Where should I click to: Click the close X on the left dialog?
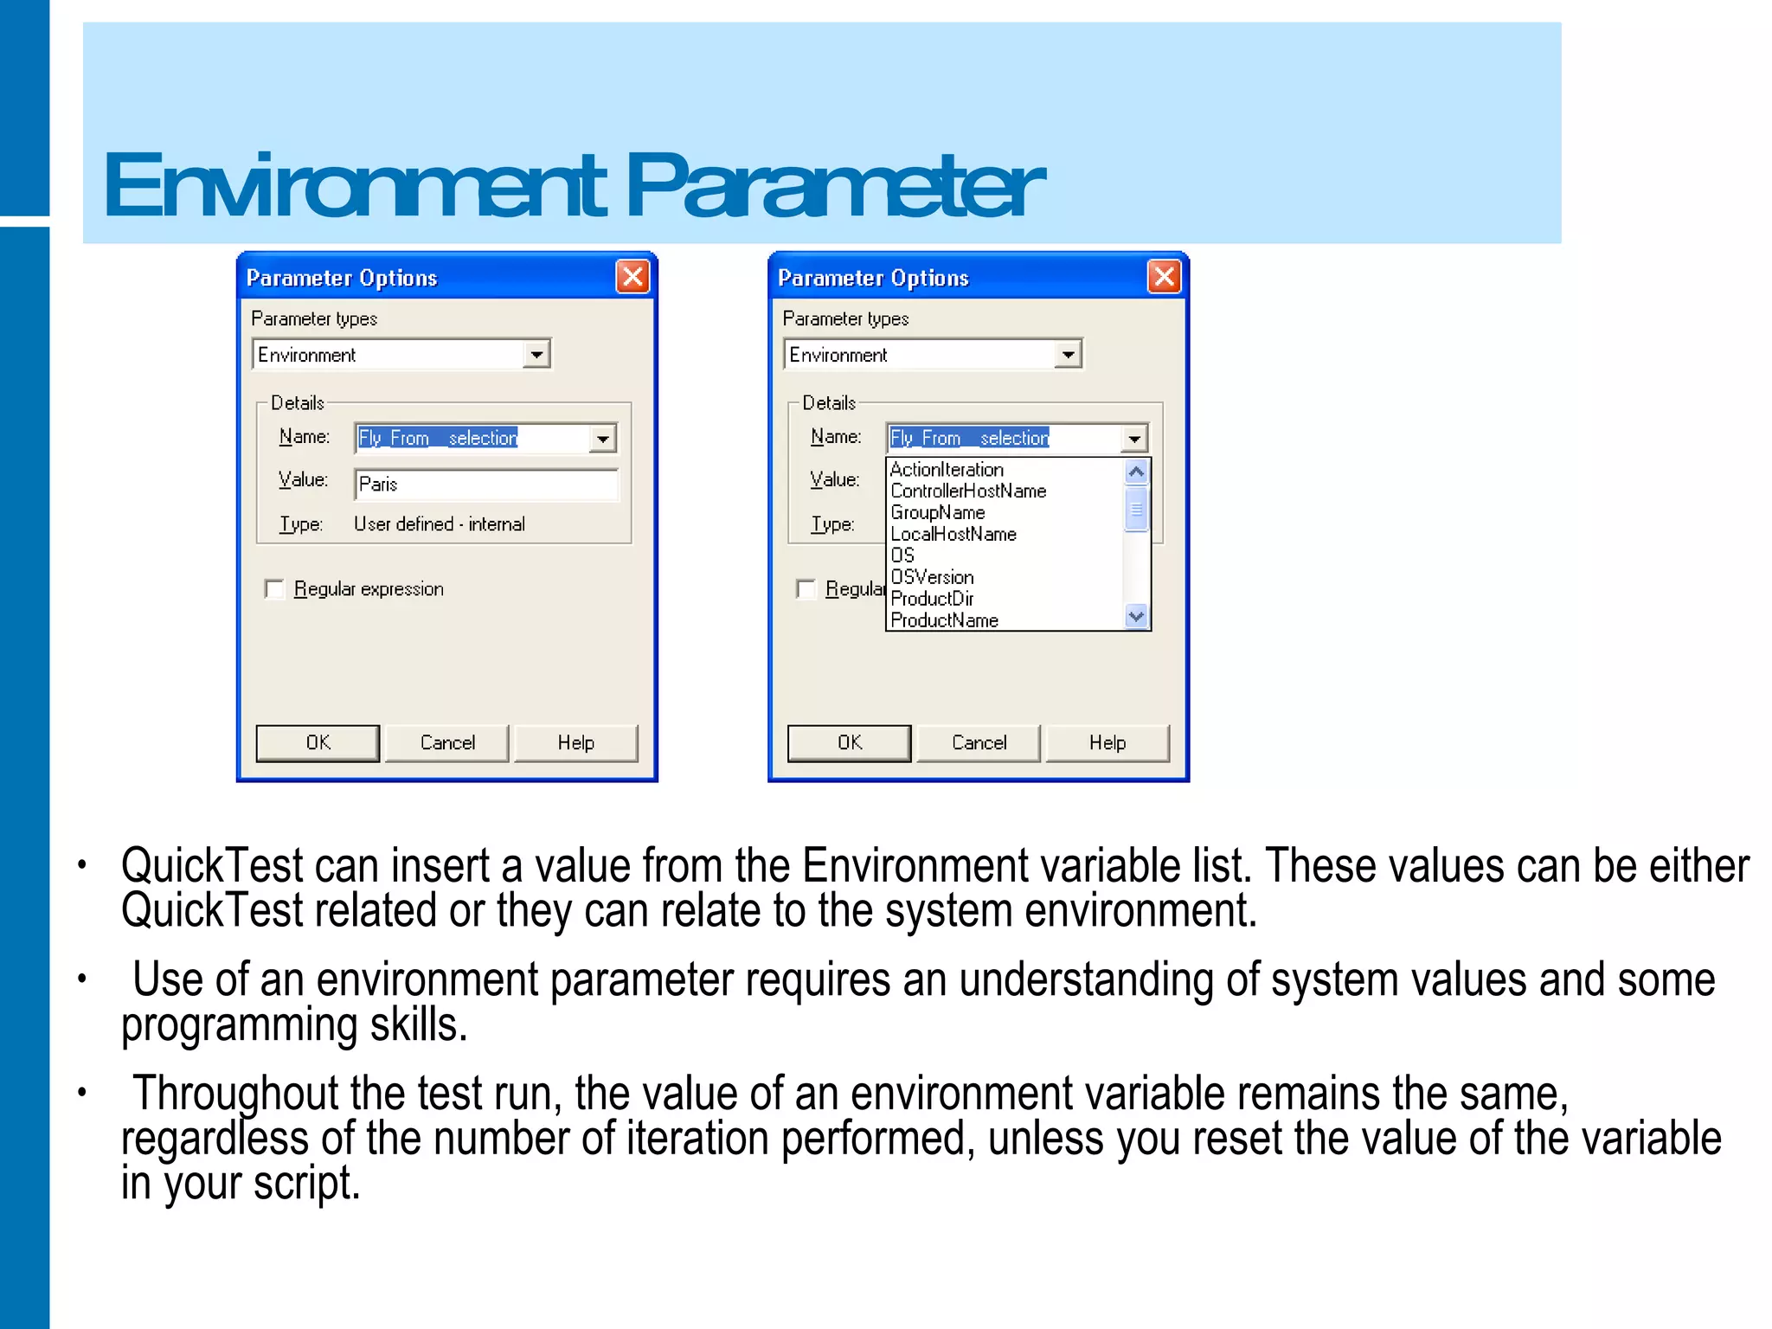coord(632,277)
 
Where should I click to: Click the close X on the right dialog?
coord(1164,277)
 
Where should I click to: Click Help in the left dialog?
coord(575,743)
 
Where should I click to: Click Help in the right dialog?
coord(1107,743)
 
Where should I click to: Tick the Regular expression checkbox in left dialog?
coord(274,589)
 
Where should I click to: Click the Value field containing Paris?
coord(486,485)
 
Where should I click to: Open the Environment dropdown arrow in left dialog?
coord(536,355)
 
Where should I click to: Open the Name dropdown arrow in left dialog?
coord(603,439)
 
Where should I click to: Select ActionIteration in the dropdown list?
coord(947,470)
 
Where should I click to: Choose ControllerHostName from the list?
coord(968,491)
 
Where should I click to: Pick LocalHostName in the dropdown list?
coord(953,535)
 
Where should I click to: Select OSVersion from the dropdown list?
coord(932,577)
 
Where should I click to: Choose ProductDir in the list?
coord(932,599)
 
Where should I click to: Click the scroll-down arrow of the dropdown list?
coord(1136,617)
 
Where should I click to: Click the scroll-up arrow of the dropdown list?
coord(1136,472)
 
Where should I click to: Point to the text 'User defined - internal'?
coord(440,524)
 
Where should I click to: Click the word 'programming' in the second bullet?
coord(239,1025)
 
